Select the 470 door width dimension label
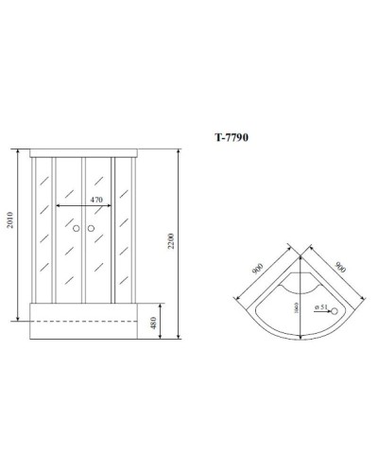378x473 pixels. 96,200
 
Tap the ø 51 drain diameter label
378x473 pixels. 321,308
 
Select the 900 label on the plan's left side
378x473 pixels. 256,268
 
